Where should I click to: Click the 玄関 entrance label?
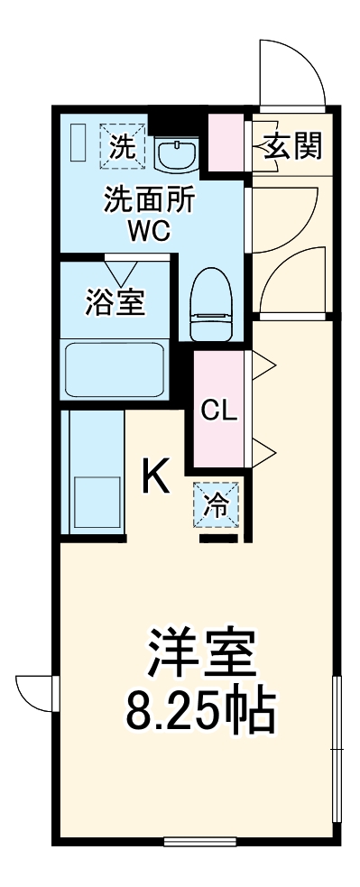click(x=293, y=145)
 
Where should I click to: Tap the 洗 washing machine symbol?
click(x=120, y=144)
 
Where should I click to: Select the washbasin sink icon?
click(x=175, y=154)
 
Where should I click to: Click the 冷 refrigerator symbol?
click(x=217, y=504)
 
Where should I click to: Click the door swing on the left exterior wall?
click(x=34, y=696)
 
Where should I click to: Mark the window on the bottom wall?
click(x=200, y=842)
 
